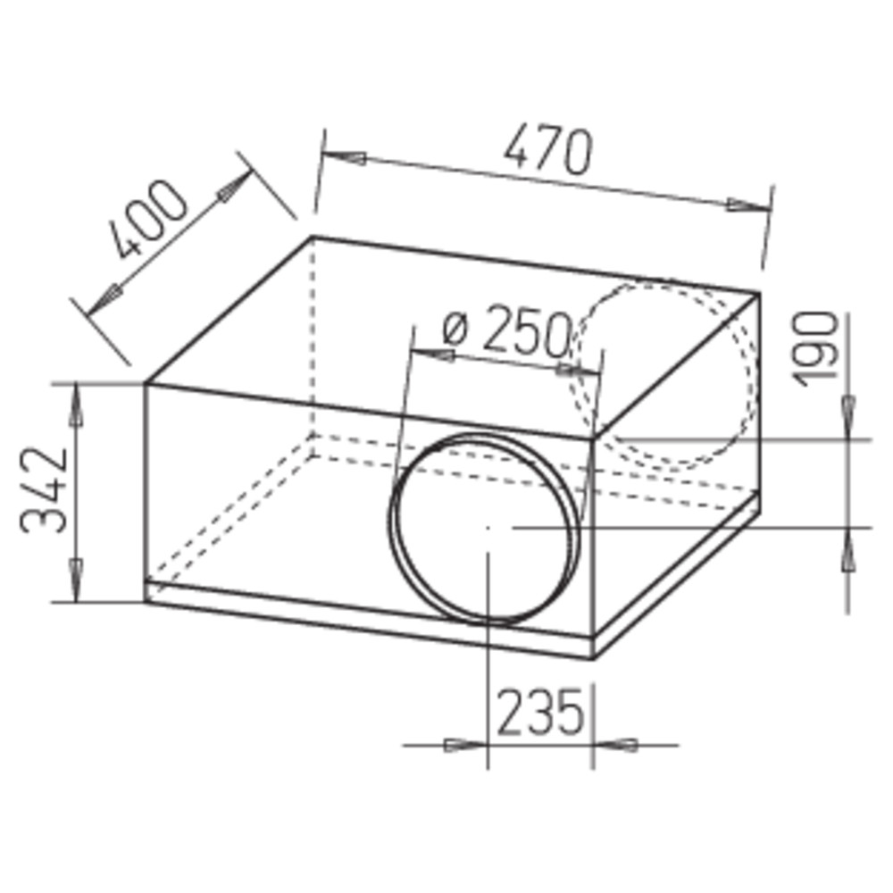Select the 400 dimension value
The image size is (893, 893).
click(150, 219)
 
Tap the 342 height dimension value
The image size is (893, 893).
click(44, 491)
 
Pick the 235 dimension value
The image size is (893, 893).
click(540, 713)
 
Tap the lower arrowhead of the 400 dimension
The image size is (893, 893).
click(104, 299)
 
